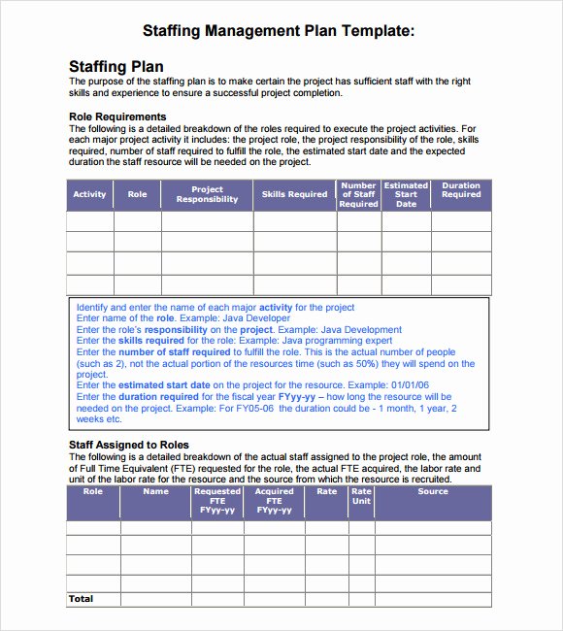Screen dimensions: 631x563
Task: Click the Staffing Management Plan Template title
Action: (279, 31)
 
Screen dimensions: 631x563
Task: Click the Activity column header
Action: (89, 194)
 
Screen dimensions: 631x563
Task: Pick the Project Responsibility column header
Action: (207, 194)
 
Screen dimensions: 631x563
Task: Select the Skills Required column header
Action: (294, 194)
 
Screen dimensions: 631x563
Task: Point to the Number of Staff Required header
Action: (358, 194)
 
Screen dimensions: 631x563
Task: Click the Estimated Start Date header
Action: (406, 194)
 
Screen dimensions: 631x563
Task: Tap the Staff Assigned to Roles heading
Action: (128, 445)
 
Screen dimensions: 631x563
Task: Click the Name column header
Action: (155, 491)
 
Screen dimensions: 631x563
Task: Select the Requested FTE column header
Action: (217, 500)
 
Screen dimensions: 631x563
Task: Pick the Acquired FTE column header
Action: (274, 500)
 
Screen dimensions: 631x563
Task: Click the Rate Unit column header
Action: (361, 496)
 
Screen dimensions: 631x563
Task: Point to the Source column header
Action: (433, 491)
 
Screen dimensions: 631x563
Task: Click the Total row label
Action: (81, 599)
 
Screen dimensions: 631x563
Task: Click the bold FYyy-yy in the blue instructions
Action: (299, 397)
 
